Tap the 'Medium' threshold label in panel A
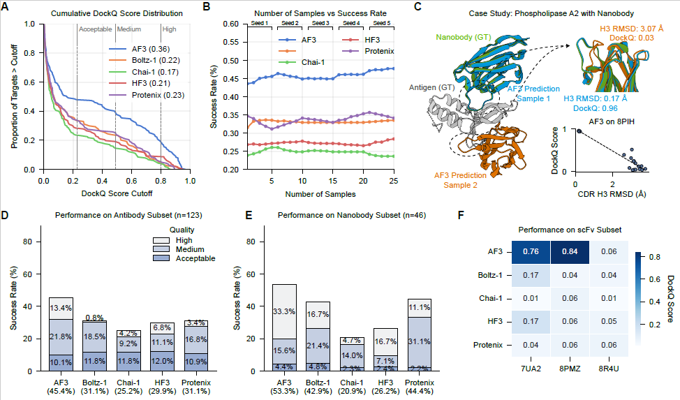[x=128, y=29]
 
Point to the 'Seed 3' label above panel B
[x=320, y=24]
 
